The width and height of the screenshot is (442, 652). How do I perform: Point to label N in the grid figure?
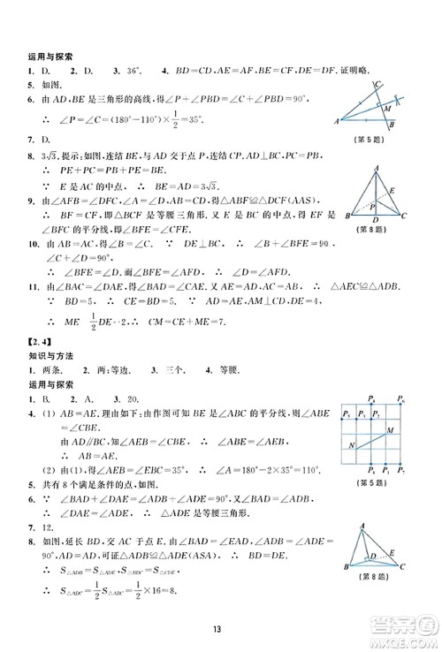(352, 444)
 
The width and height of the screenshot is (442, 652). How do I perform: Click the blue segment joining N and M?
(370, 439)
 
